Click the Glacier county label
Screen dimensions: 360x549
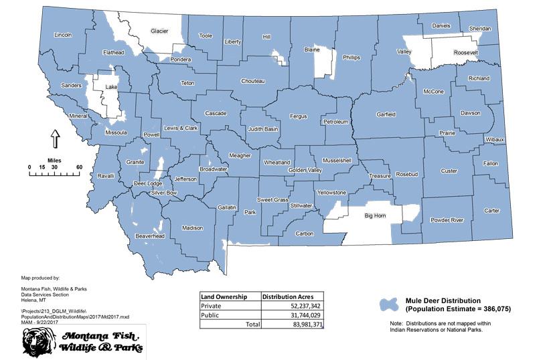pyautogui.click(x=159, y=30)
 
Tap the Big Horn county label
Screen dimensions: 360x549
pyautogui.click(x=378, y=216)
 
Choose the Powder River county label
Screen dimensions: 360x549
pyautogui.click(x=447, y=219)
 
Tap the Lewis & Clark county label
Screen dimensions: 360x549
pyautogui.click(x=180, y=128)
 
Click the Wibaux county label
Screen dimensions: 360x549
pyautogui.click(x=495, y=139)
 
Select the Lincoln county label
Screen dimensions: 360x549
pyautogui.click(x=62, y=34)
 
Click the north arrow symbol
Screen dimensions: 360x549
pyautogui.click(x=55, y=139)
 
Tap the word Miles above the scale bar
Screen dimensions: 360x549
pyautogui.click(x=54, y=161)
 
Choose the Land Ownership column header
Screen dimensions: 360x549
pyautogui.click(x=225, y=296)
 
